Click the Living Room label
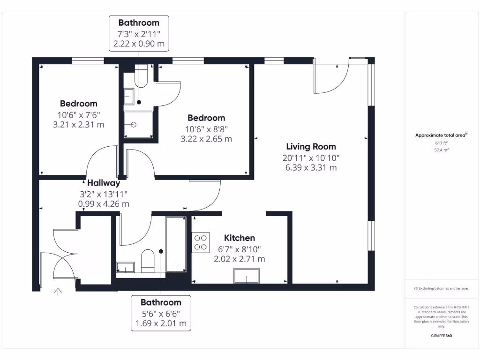click(x=311, y=147)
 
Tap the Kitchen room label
click(x=239, y=238)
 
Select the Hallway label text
click(x=104, y=183)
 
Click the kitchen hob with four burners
click(x=201, y=242)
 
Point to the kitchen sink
click(x=247, y=276)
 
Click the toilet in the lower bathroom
click(x=148, y=260)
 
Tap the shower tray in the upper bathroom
click(x=138, y=125)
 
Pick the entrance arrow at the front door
click(x=58, y=292)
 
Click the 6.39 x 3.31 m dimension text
click(x=311, y=167)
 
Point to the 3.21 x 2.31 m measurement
click(x=79, y=125)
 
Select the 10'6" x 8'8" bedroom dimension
click(x=206, y=129)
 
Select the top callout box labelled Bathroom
click(x=139, y=33)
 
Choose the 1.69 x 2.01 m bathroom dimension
click(x=161, y=323)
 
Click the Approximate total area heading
click(x=441, y=135)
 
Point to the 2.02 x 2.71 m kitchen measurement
click(x=239, y=259)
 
